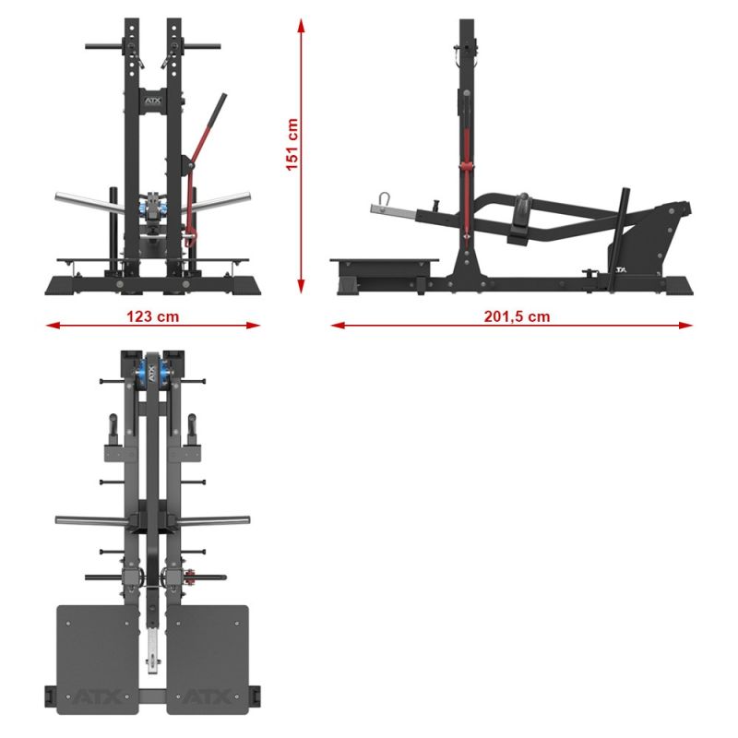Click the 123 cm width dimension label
152,315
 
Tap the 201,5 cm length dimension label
517,315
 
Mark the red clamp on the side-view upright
467,165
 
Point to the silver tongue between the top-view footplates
151,650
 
